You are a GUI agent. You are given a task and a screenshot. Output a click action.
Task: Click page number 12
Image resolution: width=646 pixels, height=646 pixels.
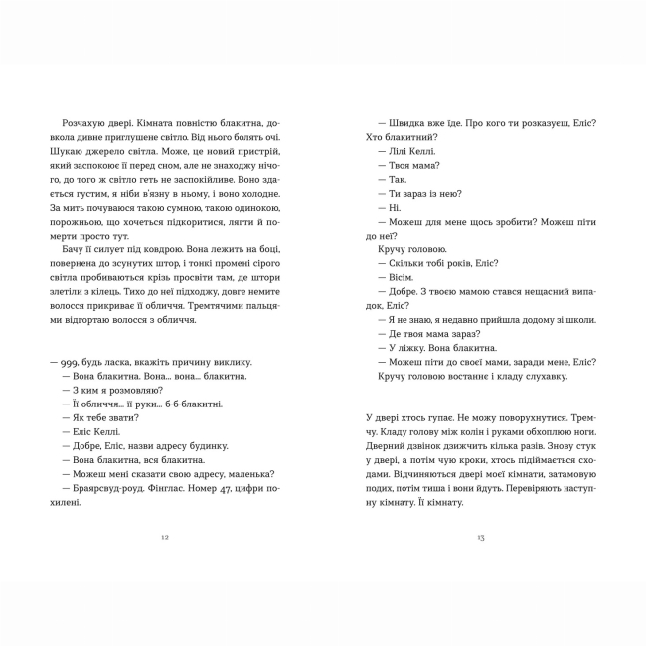[x=165, y=538]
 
